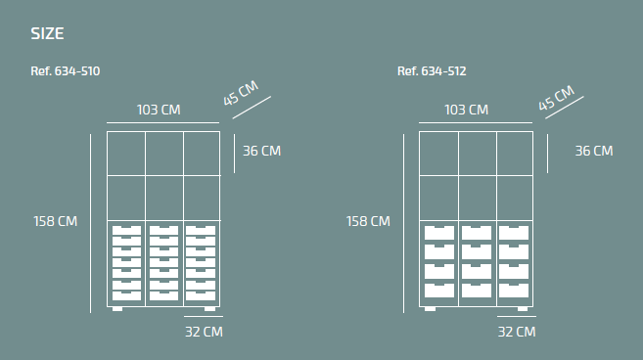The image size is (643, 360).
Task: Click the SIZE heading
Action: [x=47, y=33]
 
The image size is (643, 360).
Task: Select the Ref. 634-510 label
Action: [x=66, y=71]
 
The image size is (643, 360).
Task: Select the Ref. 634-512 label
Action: [x=432, y=71]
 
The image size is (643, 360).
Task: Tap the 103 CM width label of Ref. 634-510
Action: [x=159, y=110]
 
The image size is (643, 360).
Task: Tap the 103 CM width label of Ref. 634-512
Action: [x=467, y=110]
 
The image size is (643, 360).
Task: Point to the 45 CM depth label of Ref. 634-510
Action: [x=241, y=93]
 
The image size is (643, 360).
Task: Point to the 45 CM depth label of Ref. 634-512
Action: [x=556, y=98]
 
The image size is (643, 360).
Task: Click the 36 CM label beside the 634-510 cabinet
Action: [x=262, y=151]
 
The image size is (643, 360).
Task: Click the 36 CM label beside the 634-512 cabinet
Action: [x=594, y=151]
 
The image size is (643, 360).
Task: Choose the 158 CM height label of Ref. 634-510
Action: [x=56, y=221]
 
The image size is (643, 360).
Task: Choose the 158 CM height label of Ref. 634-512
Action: [x=368, y=221]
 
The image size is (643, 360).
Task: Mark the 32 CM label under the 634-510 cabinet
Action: [x=204, y=332]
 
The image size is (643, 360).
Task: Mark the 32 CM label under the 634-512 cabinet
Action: [x=517, y=332]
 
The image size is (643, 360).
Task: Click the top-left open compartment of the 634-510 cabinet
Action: [x=126, y=154]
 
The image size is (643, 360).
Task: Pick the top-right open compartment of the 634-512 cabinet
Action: [x=515, y=154]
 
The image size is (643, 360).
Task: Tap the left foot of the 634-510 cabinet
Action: [x=117, y=309]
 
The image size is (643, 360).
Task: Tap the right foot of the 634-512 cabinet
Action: [x=523, y=309]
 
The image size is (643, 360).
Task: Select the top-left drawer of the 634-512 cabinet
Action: [x=439, y=233]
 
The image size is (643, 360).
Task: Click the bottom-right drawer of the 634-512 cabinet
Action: [x=514, y=291]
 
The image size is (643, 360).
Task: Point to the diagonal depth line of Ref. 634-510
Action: [x=252, y=108]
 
